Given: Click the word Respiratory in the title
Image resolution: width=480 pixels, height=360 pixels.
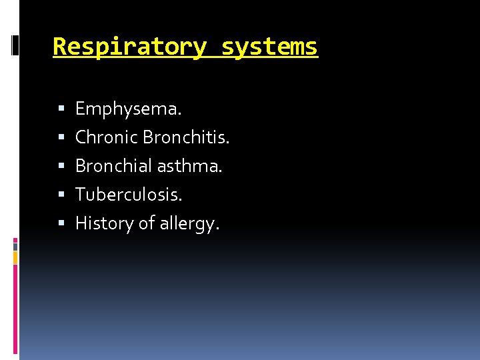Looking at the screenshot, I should click(129, 47).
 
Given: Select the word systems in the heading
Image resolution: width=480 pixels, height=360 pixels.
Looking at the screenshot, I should click(269, 47).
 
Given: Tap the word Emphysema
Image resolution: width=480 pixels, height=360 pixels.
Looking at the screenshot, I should click(128, 108).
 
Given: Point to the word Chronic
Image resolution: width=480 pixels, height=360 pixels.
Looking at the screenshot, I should click(107, 137).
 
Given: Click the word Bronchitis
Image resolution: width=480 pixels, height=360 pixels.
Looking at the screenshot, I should click(186, 137).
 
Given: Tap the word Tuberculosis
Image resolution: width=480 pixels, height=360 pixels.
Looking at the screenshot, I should click(129, 194).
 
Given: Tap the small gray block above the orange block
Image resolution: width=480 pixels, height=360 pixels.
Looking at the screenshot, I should click(15, 246).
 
